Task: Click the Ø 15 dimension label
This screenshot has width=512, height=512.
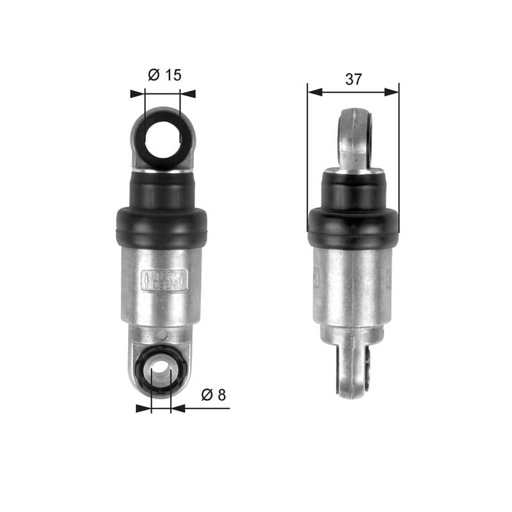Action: pyautogui.click(x=164, y=75)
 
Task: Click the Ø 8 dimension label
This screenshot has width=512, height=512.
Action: pyautogui.click(x=214, y=395)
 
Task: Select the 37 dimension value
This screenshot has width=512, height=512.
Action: pyautogui.click(x=353, y=79)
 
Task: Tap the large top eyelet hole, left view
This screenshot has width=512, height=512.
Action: pyautogui.click(x=163, y=138)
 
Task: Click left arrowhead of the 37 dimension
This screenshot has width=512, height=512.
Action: pyautogui.click(x=314, y=92)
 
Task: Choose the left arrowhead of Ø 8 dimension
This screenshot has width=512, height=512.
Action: pyautogui.click(x=143, y=408)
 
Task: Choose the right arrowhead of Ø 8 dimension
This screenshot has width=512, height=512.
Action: pyautogui.click(x=179, y=408)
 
